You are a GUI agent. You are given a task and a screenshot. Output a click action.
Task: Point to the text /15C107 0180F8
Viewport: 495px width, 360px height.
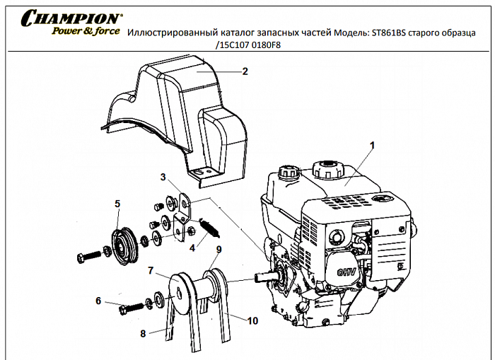click(x=250, y=45)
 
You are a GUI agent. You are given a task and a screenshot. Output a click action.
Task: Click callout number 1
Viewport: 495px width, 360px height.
click(x=373, y=144)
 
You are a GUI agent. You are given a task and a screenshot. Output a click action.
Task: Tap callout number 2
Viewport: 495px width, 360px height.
click(x=245, y=71)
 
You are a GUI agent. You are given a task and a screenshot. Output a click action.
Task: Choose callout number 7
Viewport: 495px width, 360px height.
click(x=151, y=270)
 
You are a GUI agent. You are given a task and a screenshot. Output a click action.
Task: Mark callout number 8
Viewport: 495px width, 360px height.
click(x=143, y=333)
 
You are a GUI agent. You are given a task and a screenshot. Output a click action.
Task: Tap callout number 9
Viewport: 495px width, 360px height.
click(x=219, y=249)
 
